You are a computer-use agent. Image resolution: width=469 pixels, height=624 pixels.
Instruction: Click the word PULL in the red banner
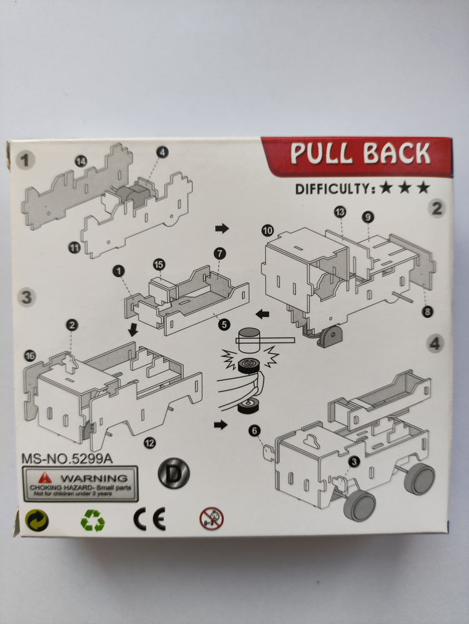(x=322, y=154)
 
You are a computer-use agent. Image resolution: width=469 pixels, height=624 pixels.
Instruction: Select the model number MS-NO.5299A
(x=67, y=459)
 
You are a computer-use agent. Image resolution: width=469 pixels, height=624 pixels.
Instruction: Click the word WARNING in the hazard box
(x=94, y=477)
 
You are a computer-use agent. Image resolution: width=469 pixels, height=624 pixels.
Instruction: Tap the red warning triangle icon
(x=45, y=477)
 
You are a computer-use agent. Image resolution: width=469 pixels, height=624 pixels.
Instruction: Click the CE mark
(x=149, y=519)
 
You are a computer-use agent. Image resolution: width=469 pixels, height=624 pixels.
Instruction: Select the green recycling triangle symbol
(x=93, y=520)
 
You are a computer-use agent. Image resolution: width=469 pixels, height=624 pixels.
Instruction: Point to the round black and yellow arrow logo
(x=37, y=520)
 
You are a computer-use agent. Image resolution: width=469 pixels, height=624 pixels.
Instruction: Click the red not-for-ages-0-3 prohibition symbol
(x=212, y=519)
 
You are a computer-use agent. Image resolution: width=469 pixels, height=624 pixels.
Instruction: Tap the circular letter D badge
(x=174, y=473)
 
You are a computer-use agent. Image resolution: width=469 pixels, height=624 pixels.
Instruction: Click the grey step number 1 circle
(x=26, y=160)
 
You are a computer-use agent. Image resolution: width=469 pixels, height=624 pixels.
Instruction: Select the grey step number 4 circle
(x=435, y=343)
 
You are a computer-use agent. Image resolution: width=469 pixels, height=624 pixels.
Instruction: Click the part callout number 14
(x=81, y=161)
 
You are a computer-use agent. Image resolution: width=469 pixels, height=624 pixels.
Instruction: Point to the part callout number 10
(x=268, y=230)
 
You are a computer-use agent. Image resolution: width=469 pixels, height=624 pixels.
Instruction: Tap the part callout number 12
(x=150, y=442)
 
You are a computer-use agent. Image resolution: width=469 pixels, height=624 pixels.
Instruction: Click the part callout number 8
(x=427, y=311)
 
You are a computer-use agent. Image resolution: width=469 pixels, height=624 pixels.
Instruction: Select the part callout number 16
(x=30, y=356)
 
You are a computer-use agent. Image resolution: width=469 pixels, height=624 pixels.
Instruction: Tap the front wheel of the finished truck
(x=360, y=505)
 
